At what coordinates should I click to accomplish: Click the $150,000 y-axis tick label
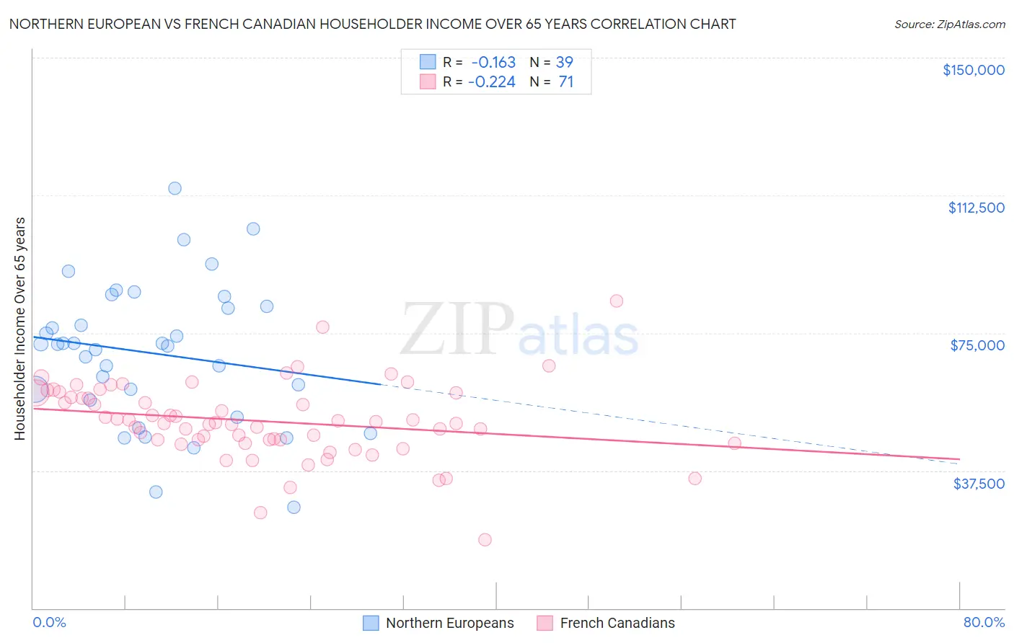point(973,70)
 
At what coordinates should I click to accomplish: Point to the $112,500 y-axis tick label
point(976,208)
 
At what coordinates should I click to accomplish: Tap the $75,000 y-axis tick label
point(977,345)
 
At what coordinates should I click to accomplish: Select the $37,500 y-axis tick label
point(979,484)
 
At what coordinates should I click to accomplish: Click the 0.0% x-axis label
point(49,623)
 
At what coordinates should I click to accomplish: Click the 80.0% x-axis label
point(984,623)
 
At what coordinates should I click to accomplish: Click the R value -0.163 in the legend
point(493,62)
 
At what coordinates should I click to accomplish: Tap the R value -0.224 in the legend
point(492,82)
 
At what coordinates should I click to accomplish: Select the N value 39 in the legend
point(564,62)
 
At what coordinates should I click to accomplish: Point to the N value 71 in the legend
point(565,82)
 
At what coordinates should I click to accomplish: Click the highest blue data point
point(175,188)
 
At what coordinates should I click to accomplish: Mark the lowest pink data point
point(485,540)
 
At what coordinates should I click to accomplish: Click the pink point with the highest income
point(617,301)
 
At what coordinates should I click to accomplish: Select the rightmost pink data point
point(734,443)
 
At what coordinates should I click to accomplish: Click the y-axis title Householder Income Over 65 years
point(20,329)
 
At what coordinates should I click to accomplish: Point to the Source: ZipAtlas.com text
point(949,25)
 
